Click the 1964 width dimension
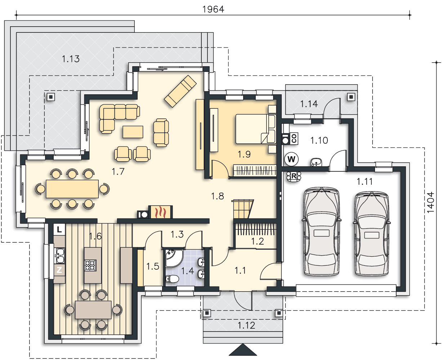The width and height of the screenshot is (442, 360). [x=213, y=9]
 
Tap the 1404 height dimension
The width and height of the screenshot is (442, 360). [x=430, y=202]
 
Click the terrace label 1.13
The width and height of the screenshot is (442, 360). [x=71, y=59]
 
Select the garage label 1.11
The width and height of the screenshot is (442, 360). [x=365, y=181]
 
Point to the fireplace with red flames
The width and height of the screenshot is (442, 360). [x=161, y=212]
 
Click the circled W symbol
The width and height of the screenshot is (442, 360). [x=291, y=159]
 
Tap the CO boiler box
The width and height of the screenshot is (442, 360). [x=294, y=138]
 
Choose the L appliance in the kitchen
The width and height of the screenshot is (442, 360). [x=59, y=230]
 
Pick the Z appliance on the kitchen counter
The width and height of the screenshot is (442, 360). [x=59, y=270]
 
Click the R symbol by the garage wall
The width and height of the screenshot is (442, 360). [x=294, y=176]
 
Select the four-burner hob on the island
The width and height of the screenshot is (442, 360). [x=90, y=265]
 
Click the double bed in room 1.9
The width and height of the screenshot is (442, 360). [x=256, y=129]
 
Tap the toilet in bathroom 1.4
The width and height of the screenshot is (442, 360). [x=172, y=279]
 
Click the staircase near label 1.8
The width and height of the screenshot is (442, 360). [x=242, y=209]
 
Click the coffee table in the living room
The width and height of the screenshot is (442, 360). [x=133, y=132]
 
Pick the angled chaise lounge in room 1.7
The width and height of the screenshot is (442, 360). [x=180, y=91]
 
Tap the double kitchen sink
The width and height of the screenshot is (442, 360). [x=60, y=256]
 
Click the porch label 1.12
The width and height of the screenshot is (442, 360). [x=246, y=325]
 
